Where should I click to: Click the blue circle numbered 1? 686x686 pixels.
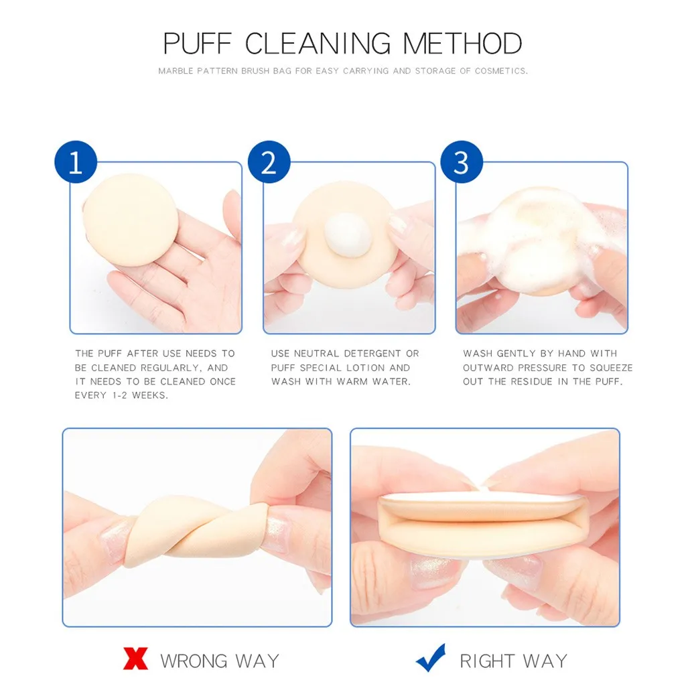click(75, 163)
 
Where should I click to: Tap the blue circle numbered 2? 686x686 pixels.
click(269, 163)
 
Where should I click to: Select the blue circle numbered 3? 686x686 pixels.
click(462, 163)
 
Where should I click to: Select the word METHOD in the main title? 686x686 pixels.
click(462, 44)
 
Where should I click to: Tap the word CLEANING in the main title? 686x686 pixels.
click(318, 44)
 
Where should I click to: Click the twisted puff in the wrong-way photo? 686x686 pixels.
click(194, 529)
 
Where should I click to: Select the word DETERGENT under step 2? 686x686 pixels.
click(370, 353)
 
